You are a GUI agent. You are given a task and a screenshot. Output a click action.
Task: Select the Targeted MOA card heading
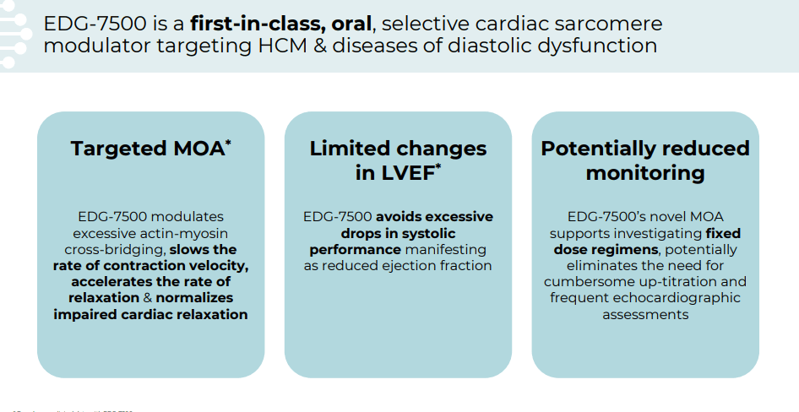[x=147, y=149]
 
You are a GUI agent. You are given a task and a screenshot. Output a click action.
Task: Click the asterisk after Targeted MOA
[x=228, y=144]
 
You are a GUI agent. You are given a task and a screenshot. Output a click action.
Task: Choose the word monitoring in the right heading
[x=645, y=174]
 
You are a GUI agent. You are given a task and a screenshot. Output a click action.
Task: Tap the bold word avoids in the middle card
[x=400, y=217]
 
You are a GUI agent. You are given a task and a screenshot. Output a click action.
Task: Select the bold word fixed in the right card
[x=723, y=233]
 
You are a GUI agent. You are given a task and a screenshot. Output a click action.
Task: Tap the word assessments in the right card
[x=645, y=314]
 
